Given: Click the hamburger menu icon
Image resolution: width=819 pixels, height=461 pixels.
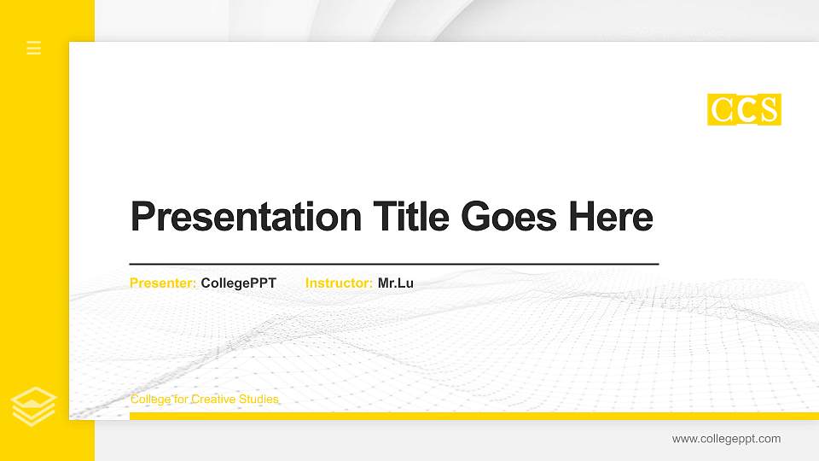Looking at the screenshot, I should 34,48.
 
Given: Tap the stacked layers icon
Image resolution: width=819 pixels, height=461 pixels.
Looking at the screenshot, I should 34,406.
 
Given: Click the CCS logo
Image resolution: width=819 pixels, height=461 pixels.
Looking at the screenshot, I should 744,110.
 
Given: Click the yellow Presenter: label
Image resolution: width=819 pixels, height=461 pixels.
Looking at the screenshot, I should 163,283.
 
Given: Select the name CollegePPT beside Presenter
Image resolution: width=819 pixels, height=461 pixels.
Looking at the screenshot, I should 239,283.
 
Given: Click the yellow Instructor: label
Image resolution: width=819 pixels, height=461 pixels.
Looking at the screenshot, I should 339,283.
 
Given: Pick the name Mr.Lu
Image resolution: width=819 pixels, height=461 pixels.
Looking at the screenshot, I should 396,283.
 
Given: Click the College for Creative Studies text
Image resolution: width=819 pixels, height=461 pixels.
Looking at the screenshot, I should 204,400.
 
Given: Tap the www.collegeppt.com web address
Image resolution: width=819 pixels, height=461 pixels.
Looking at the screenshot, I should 726,439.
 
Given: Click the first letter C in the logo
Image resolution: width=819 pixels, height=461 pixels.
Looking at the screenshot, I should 721,110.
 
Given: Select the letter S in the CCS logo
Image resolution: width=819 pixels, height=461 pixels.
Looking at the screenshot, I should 769,110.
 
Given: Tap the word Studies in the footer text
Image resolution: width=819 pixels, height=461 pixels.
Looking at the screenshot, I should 258,400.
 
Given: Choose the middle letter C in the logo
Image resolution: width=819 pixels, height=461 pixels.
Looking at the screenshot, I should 745,110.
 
